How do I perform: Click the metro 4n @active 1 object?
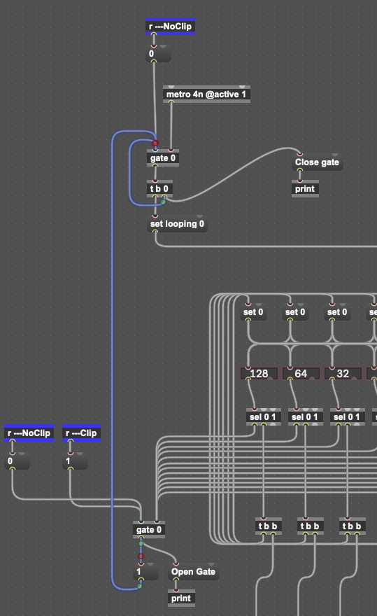(206, 94)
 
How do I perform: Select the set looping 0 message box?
(177, 224)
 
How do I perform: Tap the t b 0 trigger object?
(159, 188)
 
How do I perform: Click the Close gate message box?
(318, 162)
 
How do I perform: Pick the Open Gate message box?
(193, 572)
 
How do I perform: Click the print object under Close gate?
(305, 188)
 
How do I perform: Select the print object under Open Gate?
(181, 598)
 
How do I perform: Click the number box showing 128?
(259, 373)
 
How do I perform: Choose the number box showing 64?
(301, 373)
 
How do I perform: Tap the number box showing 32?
(343, 373)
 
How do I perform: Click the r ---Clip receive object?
(81, 433)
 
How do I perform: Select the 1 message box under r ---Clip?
(75, 461)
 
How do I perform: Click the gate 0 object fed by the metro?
(163, 158)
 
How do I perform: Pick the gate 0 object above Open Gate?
(149, 530)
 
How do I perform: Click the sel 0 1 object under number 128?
(263, 416)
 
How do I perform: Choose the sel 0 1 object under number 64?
(305, 416)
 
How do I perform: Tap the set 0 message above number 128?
(253, 312)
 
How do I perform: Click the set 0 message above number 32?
(337, 312)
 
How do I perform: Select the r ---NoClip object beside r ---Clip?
(29, 433)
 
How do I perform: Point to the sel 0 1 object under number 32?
(347, 416)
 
